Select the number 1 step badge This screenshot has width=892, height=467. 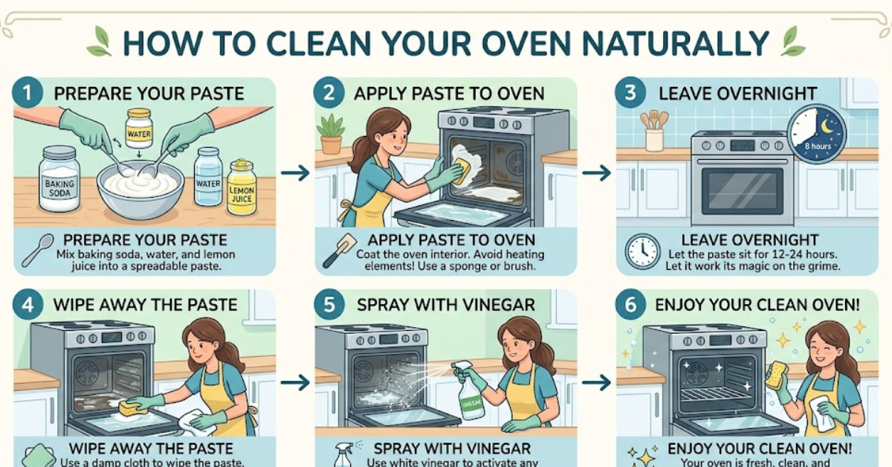28,94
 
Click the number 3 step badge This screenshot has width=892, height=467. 630,94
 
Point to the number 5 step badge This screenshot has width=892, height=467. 329,305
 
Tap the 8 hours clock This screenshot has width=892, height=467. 816,135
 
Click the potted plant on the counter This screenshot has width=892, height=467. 331,133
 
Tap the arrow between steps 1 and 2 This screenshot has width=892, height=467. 295,173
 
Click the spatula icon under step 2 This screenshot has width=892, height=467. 339,251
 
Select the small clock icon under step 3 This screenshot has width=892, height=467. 642,251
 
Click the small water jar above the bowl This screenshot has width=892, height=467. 139,128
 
